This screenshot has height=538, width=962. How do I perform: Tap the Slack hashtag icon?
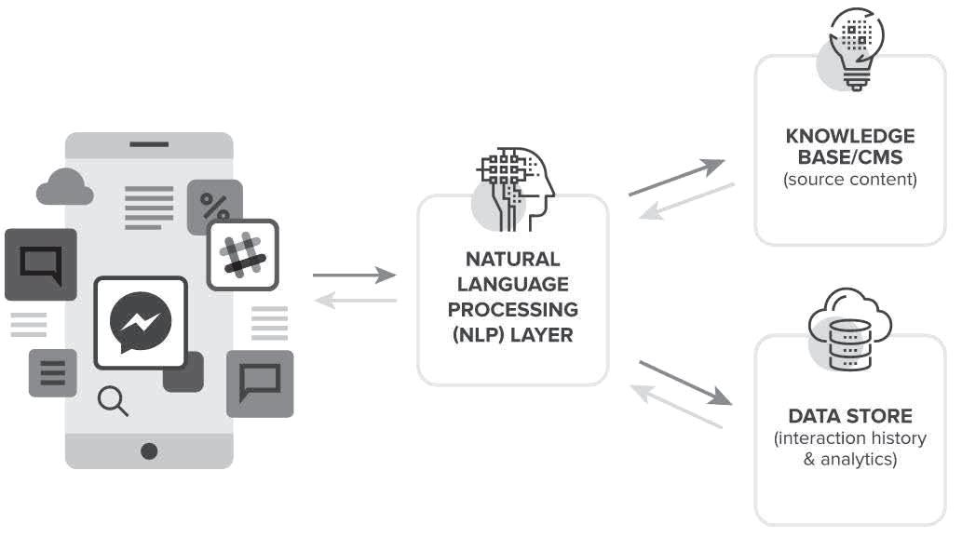pos(242,254)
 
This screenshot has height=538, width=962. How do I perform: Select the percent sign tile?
pos(215,205)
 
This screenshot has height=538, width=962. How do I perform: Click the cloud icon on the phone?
pos(64,189)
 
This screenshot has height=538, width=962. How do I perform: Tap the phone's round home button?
pos(149,451)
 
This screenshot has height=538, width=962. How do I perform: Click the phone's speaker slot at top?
pos(149,144)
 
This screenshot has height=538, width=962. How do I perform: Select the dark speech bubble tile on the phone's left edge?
pos(40,263)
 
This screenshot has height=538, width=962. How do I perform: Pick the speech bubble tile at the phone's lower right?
pos(260,383)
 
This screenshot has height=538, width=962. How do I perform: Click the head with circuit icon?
pos(515,186)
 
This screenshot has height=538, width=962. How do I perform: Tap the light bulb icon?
pos(853,47)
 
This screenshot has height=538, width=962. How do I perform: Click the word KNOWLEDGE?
pos(850,137)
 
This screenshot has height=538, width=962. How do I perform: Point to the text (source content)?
pos(850,179)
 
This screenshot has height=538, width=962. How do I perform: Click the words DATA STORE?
pos(850,415)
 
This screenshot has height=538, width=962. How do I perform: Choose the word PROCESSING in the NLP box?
pos(513,309)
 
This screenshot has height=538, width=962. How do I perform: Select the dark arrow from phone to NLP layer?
pos(354,275)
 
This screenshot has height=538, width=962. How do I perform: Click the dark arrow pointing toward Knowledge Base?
pos(677,178)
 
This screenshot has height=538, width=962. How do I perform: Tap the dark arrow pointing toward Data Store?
pos(684,382)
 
